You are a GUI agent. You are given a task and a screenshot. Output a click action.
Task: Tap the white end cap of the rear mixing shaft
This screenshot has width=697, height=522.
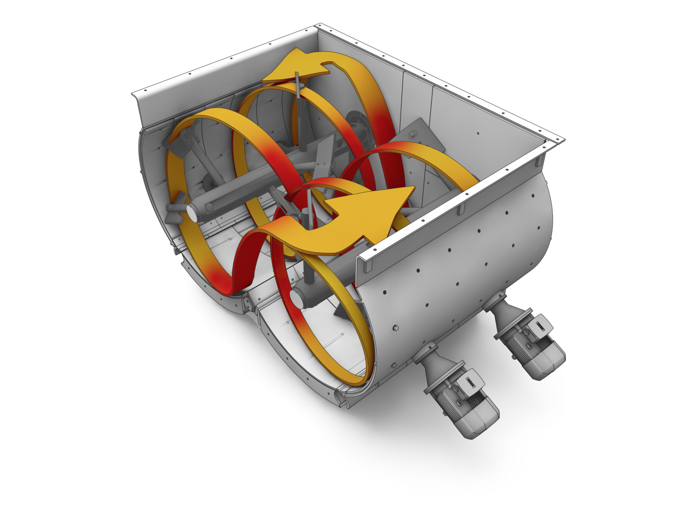(x=191, y=211)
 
